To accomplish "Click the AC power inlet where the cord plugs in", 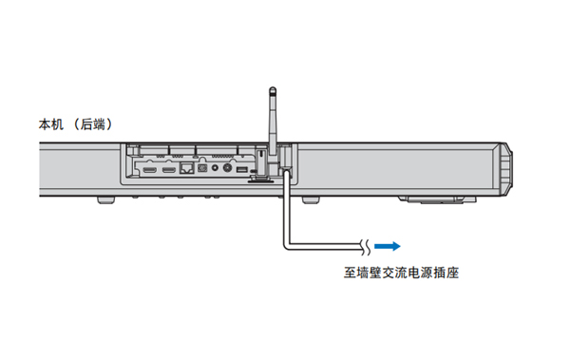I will point(284,170).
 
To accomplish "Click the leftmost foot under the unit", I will point(105,199).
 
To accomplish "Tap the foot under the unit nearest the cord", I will point(312,199).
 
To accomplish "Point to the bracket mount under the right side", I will point(431,200).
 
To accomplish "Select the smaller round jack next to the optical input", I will point(216,168).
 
